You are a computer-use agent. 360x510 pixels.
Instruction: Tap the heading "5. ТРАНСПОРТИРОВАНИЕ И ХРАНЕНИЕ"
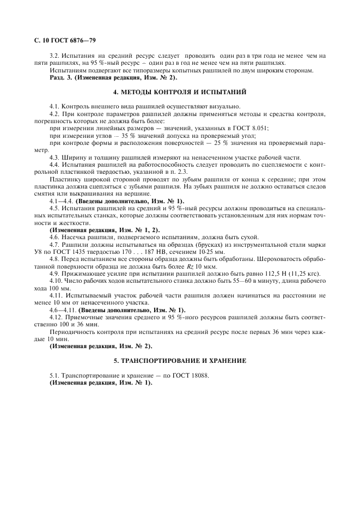[180, 361]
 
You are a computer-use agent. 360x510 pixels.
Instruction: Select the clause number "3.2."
[54, 56]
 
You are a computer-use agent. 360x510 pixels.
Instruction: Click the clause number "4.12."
[56, 317]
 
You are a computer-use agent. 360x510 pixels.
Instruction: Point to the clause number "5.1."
[54, 375]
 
